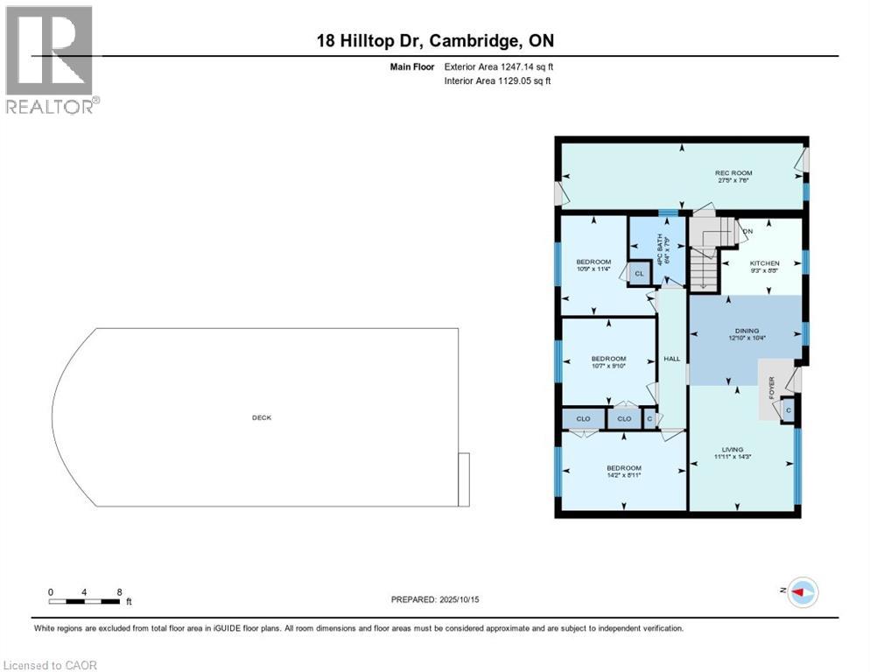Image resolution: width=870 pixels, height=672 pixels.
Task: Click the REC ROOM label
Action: (x=733, y=173)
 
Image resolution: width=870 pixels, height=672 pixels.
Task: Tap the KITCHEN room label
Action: (x=763, y=263)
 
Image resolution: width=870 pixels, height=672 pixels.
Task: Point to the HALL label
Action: (x=671, y=359)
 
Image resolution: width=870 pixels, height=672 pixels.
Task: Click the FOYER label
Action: (x=771, y=386)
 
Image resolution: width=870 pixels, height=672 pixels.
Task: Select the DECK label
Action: (x=262, y=417)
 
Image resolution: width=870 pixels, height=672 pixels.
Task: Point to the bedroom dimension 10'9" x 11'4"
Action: (x=593, y=269)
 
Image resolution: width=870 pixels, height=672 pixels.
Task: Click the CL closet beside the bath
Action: (x=639, y=274)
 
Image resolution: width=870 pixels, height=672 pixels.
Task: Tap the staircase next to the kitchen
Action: (x=705, y=254)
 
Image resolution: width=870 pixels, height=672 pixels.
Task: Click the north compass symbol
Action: (x=802, y=592)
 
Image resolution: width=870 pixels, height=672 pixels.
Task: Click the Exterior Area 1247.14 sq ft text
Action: (x=498, y=66)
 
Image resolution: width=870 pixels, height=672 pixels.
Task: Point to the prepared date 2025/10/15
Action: (x=434, y=599)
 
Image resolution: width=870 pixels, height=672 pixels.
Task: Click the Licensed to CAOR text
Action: (x=53, y=665)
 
